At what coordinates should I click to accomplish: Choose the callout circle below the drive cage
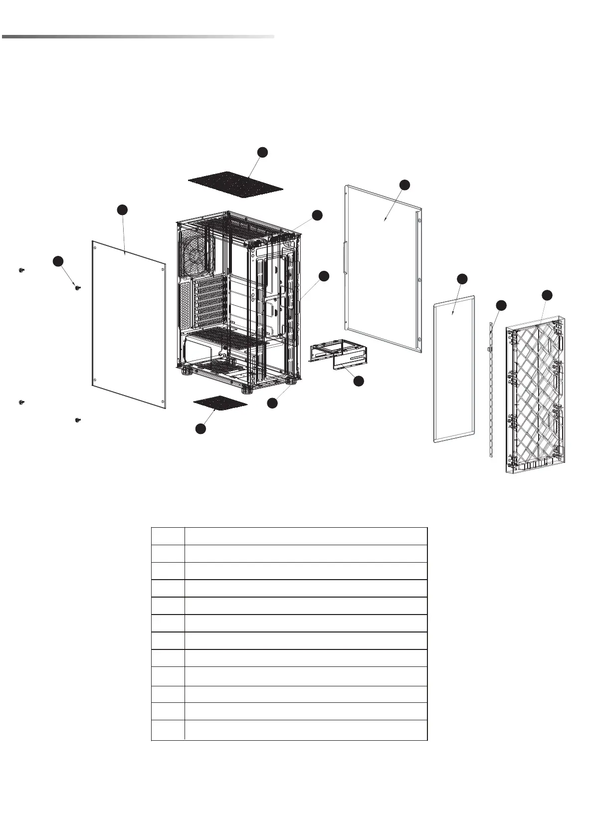click(x=358, y=381)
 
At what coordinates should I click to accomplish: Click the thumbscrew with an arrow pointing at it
click(x=78, y=287)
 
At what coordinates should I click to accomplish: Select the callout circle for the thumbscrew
click(x=58, y=261)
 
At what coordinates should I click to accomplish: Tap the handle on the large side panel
click(x=344, y=257)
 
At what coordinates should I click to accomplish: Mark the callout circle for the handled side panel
click(x=405, y=185)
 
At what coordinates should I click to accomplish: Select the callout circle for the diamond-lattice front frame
click(x=547, y=295)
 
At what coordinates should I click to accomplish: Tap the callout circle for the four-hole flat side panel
click(x=122, y=210)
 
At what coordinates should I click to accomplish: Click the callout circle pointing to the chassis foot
click(x=272, y=403)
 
